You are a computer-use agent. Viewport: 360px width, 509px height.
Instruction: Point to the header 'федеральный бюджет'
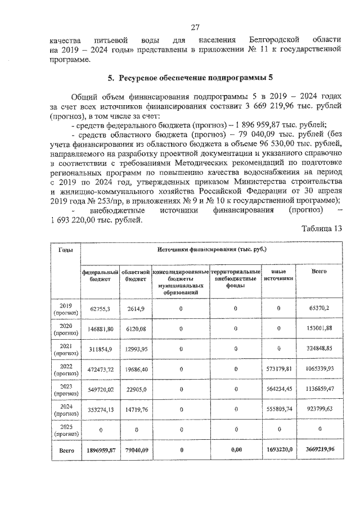tap(100, 275)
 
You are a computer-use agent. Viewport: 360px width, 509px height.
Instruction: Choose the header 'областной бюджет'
tap(135, 275)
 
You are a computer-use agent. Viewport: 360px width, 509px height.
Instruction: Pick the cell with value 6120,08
tap(136, 329)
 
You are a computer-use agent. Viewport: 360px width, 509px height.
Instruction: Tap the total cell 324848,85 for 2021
tap(318, 349)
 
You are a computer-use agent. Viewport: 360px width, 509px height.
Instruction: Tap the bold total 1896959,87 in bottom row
tap(101, 451)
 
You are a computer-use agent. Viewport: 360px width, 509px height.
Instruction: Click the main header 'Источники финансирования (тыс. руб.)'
tap(211, 249)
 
